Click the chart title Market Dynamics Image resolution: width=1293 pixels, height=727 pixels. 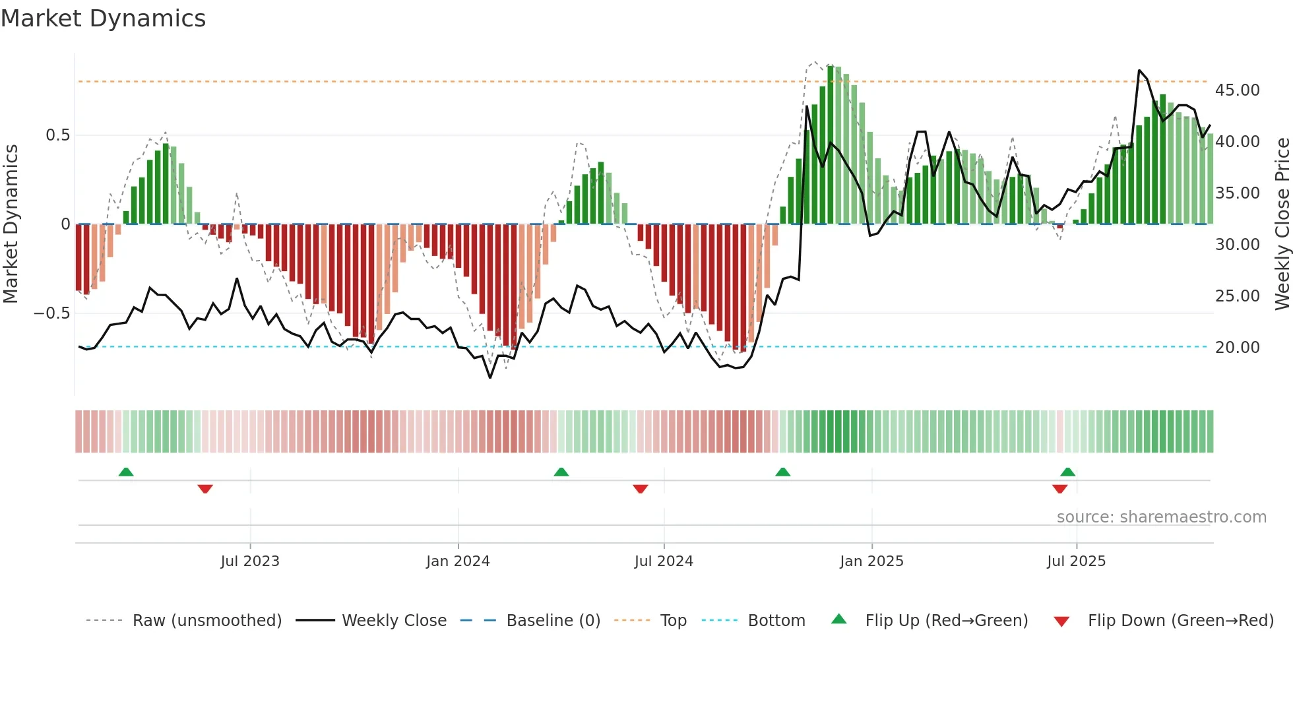104,18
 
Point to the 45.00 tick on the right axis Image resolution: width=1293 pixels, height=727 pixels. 1237,90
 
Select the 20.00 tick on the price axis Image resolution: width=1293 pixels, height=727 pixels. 1237,348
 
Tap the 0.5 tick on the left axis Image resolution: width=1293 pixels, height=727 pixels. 57,135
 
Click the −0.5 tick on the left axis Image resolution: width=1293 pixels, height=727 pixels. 52,313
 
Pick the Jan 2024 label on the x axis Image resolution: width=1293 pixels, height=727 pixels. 458,561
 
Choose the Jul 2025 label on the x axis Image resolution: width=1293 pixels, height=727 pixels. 1076,561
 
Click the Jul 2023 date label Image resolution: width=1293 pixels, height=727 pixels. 250,561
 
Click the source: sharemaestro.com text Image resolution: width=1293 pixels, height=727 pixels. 1161,517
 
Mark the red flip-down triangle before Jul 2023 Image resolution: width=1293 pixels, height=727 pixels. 205,489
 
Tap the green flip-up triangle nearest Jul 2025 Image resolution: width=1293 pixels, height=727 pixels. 1067,472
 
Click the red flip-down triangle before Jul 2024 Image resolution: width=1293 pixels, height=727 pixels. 640,489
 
